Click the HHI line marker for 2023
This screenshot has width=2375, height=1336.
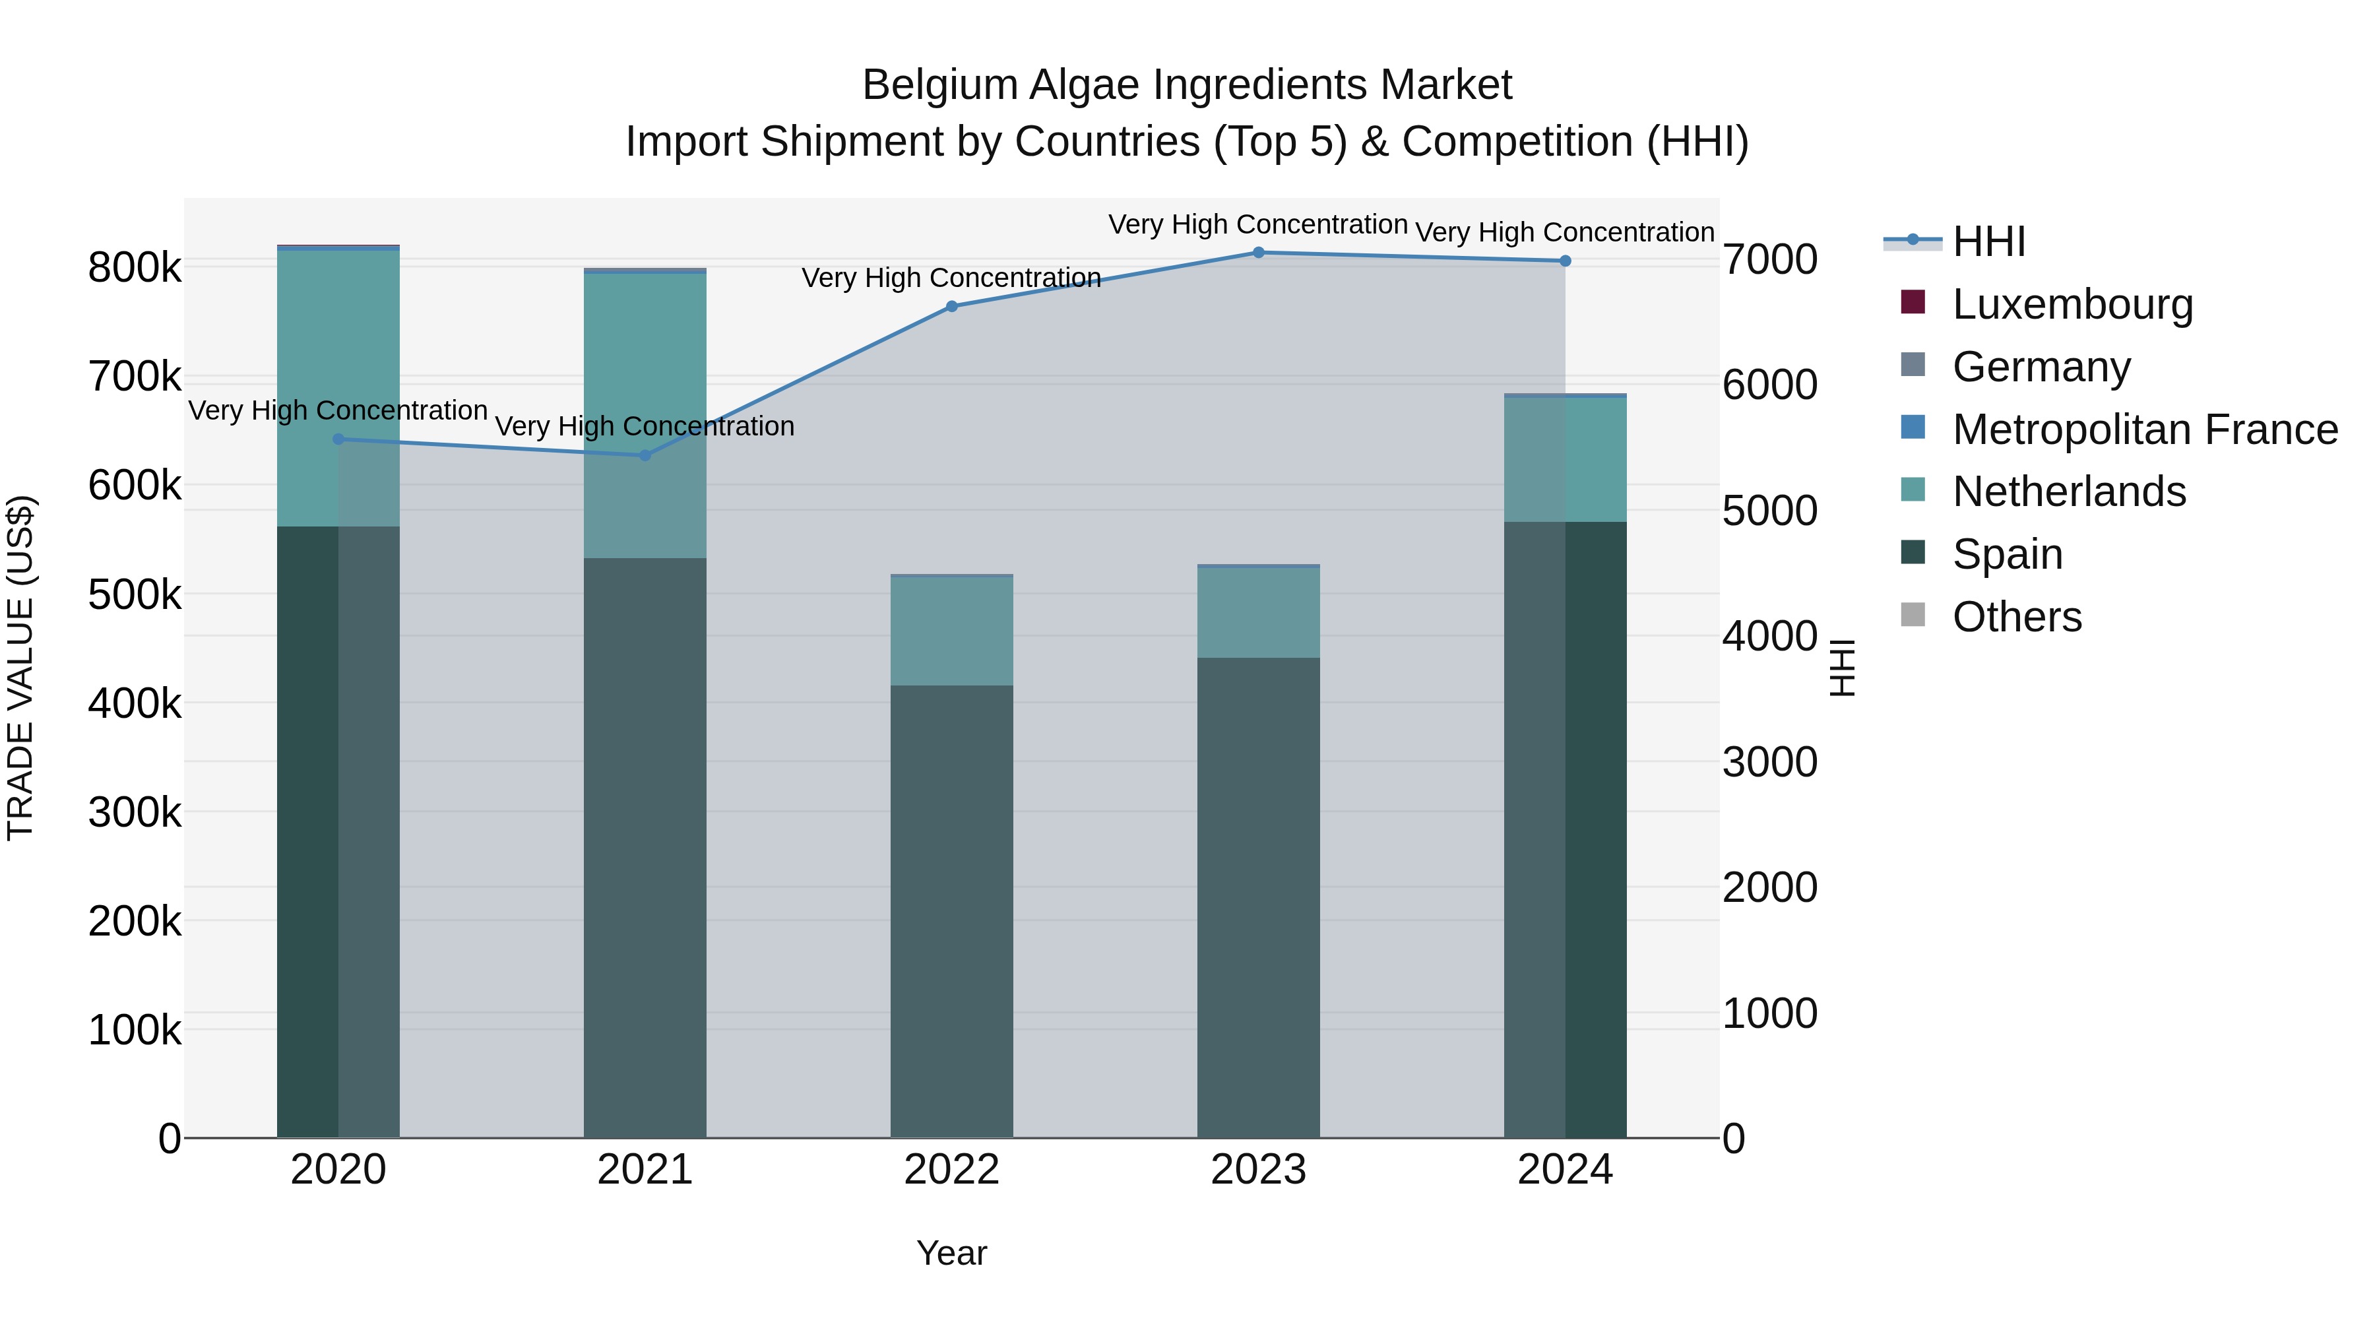(x=1259, y=253)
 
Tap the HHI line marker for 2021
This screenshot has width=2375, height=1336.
(x=645, y=455)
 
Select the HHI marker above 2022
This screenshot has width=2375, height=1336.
(x=951, y=307)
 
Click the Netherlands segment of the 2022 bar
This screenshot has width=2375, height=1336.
(x=951, y=631)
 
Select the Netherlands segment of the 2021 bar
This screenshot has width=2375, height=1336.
(x=645, y=415)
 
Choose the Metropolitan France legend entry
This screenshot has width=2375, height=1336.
(x=2145, y=429)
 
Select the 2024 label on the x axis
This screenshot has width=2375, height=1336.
(x=1565, y=1170)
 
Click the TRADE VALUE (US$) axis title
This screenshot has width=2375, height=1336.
(x=20, y=668)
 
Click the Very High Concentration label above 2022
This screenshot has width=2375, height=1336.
(x=951, y=278)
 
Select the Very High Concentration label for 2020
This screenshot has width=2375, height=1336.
(x=337, y=410)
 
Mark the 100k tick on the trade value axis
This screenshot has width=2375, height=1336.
(x=135, y=1031)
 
